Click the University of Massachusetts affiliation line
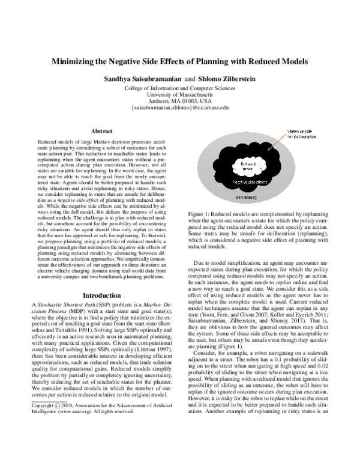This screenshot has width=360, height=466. pos(180,94)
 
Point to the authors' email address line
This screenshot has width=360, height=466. pos(180,107)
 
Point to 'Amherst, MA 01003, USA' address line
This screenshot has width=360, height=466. pos(180,101)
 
